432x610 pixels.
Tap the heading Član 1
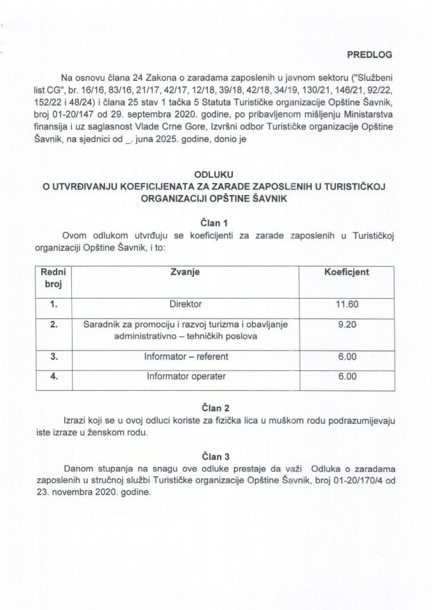(x=214, y=223)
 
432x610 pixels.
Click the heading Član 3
(x=214, y=456)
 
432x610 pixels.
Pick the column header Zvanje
(x=185, y=272)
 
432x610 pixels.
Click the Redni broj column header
(x=53, y=278)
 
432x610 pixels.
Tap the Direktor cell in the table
(x=185, y=304)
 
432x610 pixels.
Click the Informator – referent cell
(x=185, y=356)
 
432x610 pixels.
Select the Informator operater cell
(x=185, y=376)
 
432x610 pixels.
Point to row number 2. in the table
(x=53, y=324)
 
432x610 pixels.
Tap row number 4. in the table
(x=53, y=376)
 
